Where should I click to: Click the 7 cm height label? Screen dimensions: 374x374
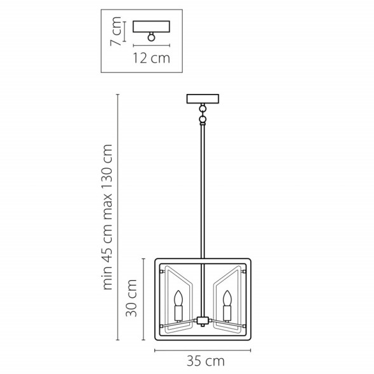pyautogui.click(x=116, y=34)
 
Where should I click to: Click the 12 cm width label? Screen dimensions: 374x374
pyautogui.click(x=151, y=59)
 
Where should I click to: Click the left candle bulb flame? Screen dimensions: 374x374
pyautogui.click(x=179, y=297)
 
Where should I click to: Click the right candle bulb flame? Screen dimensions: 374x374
pyautogui.click(x=227, y=297)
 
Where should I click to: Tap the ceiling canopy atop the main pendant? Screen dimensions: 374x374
pyautogui.click(x=203, y=98)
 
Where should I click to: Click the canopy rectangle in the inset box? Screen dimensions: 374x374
pyautogui.click(x=151, y=26)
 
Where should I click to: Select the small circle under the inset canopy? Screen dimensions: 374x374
pyautogui.click(x=151, y=37)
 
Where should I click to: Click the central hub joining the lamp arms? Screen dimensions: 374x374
pyautogui.click(x=203, y=319)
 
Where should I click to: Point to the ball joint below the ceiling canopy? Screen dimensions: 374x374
pyautogui.click(x=203, y=119)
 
